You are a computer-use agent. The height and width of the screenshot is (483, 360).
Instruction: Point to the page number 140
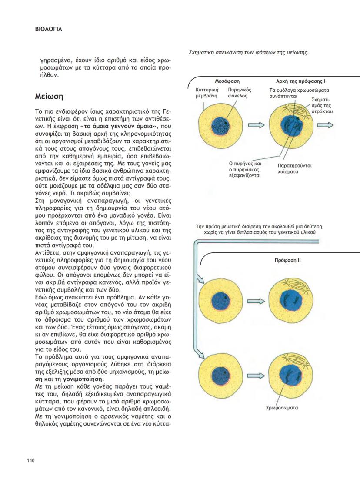tap(31, 461)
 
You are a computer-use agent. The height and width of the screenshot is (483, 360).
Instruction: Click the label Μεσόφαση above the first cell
tap(227, 81)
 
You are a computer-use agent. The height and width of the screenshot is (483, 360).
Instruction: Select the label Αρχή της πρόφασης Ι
tap(300, 81)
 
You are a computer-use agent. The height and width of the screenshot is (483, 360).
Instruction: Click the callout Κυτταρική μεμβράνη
tap(206, 92)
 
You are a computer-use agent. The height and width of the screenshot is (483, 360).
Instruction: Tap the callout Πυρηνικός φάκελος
tap(238, 92)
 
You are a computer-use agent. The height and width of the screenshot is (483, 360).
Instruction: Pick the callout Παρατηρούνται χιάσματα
tap(294, 168)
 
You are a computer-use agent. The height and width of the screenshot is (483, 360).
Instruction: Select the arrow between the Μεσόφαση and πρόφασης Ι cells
tap(258, 125)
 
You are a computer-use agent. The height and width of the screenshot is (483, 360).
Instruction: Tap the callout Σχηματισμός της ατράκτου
tap(322, 106)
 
